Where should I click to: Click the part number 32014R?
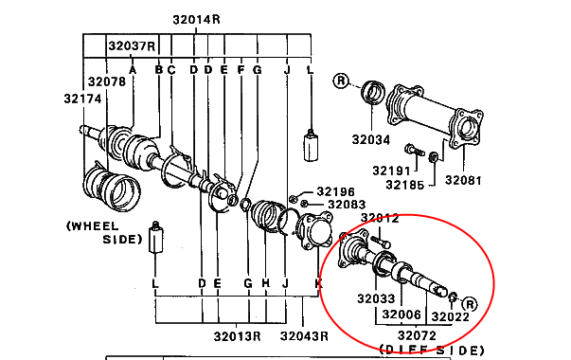[x=196, y=19]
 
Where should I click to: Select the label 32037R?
[x=132, y=46]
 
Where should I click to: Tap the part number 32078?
[x=107, y=81]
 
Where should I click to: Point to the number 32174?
[x=82, y=99]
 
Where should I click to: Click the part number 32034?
[x=371, y=139]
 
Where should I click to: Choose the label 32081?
[x=463, y=180]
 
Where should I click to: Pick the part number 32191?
[x=391, y=171]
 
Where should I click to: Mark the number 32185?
[x=405, y=185]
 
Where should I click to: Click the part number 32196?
[x=336, y=191]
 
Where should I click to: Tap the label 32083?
[x=347, y=205]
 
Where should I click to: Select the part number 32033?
[x=376, y=298]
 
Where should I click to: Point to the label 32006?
[x=401, y=315]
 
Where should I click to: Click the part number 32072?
[x=417, y=335]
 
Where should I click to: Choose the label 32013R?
[x=237, y=336]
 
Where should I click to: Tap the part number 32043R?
[x=304, y=336]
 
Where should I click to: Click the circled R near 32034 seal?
[x=341, y=81]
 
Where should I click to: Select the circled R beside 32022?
[x=470, y=304]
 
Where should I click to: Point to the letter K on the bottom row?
[x=318, y=283]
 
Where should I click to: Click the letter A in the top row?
[x=133, y=69]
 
